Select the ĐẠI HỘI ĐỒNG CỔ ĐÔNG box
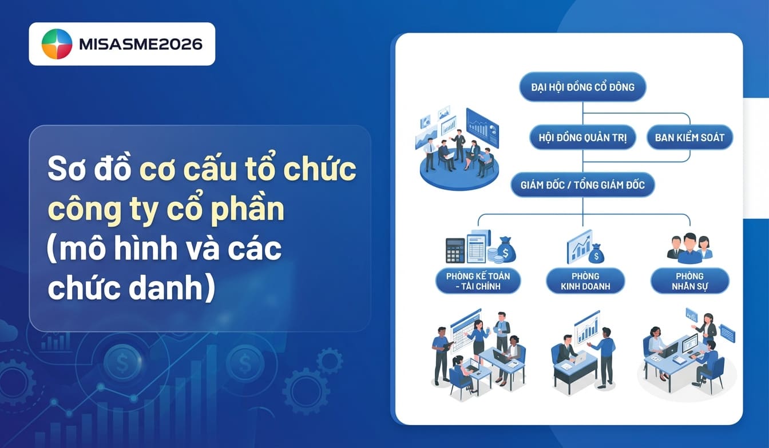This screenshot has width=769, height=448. click(582, 87)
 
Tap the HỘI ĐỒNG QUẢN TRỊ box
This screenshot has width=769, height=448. click(582, 137)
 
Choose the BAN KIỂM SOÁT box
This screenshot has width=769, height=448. click(689, 137)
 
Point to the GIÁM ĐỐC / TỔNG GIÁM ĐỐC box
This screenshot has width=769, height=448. click(582, 185)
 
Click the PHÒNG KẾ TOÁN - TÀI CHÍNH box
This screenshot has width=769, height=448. click(478, 281)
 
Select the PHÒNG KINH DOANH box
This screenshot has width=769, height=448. click(585, 281)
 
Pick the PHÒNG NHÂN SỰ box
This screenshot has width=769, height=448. click(689, 281)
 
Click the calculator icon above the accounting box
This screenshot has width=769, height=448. click(455, 250)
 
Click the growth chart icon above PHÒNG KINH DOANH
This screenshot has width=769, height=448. click(579, 246)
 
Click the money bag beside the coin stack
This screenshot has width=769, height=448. click(506, 250)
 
